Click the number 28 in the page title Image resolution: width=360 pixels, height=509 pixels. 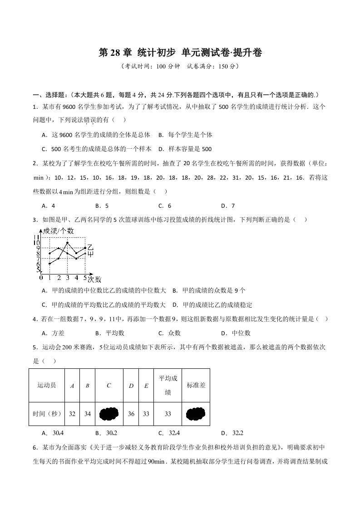point(113,53)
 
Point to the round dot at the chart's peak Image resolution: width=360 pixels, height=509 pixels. point(67,243)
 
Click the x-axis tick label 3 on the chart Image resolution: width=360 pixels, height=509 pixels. point(67,277)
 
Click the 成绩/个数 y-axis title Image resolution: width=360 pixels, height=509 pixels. point(58,231)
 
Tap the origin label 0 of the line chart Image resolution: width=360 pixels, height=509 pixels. point(41,277)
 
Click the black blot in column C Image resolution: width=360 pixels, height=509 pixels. point(109,414)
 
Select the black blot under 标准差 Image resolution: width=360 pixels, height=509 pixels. point(196,414)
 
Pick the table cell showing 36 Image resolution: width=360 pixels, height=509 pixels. point(131,414)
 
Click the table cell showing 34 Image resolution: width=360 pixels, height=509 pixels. point(88,414)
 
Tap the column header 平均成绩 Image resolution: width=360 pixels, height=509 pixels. point(168,385)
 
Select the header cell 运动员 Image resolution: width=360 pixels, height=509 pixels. point(47,385)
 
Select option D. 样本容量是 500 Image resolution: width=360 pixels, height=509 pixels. point(184,149)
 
